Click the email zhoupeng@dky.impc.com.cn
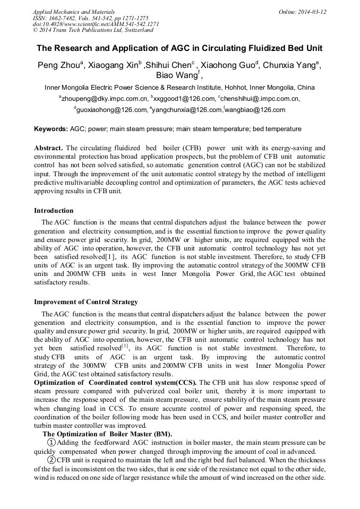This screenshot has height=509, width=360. point(104,99)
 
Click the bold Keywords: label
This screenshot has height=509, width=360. point(51,129)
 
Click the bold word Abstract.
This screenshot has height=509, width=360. point(48,148)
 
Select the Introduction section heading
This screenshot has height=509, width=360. point(54,211)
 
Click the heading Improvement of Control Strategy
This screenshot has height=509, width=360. point(86,302)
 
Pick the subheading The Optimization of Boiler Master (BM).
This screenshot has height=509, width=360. point(107,434)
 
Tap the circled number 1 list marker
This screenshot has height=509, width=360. point(51,443)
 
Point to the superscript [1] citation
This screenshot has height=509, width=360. point(125,346)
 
